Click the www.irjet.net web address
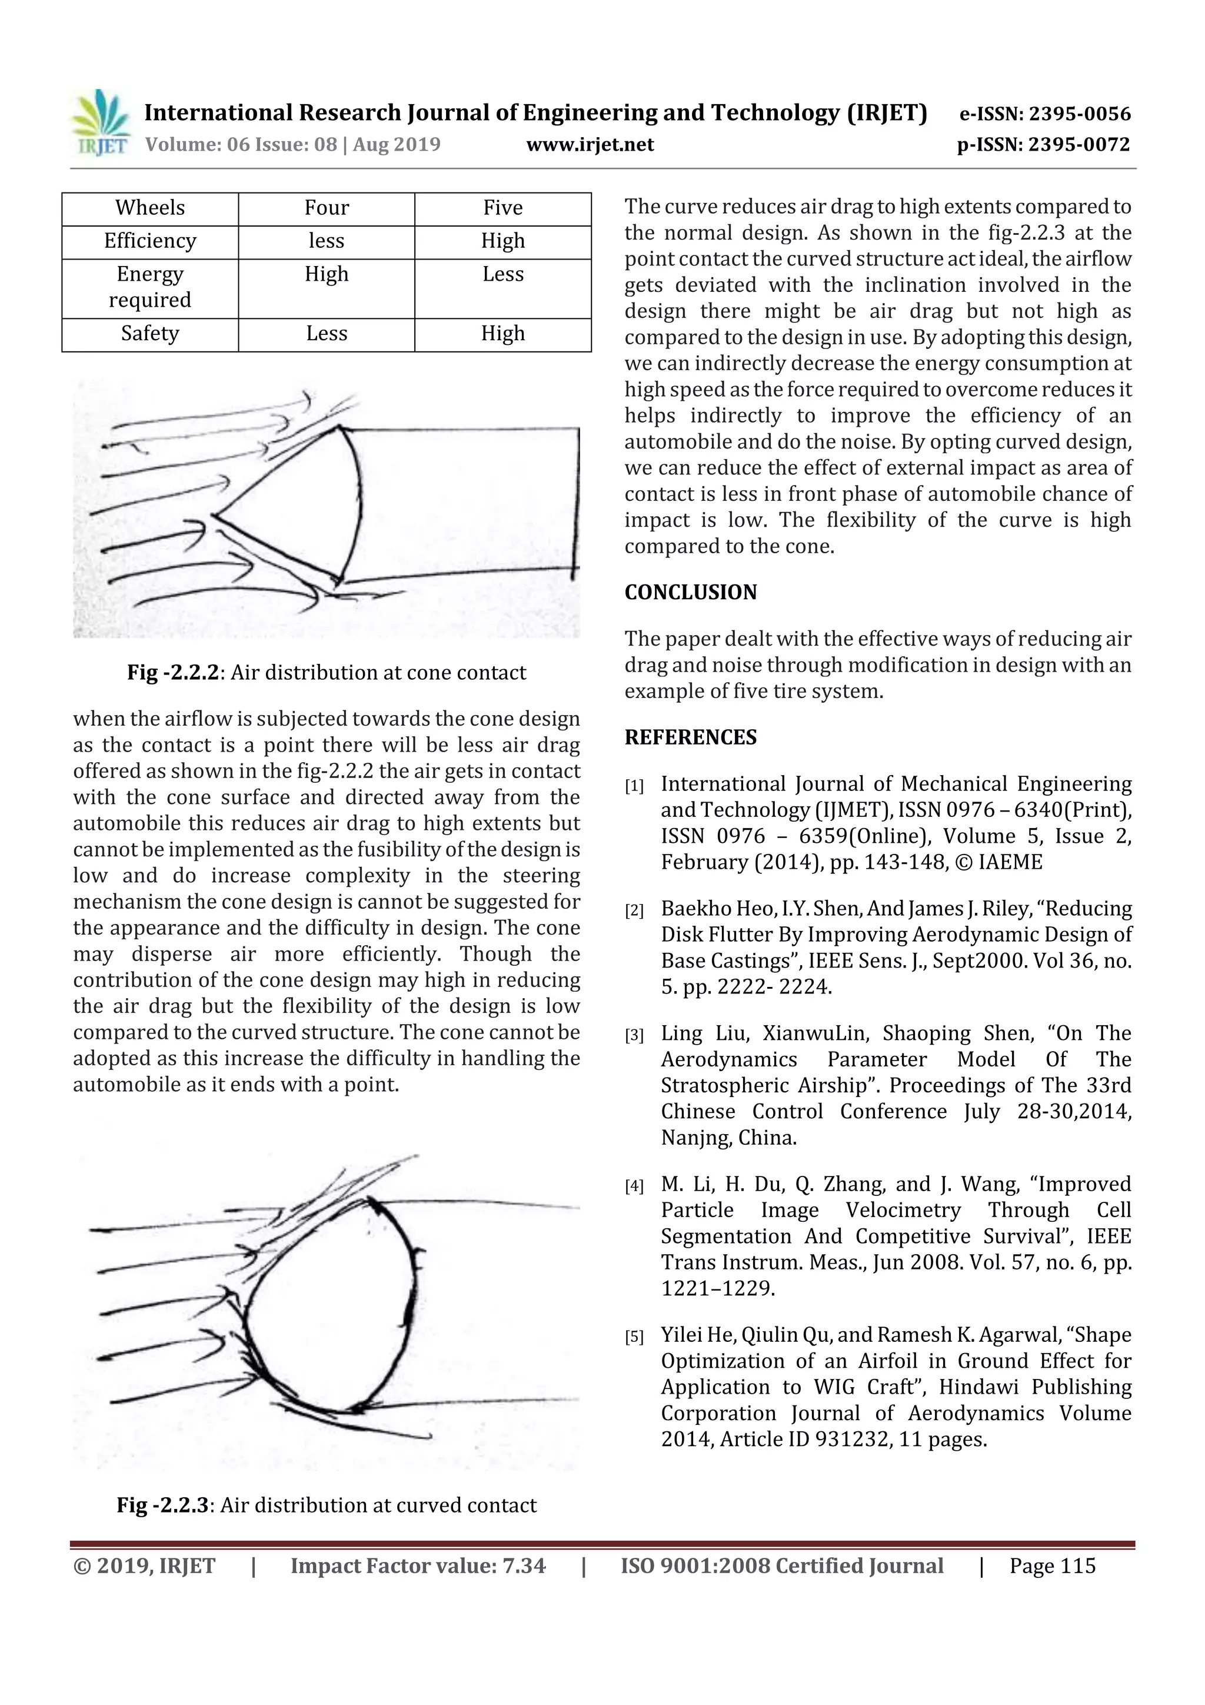click(x=590, y=145)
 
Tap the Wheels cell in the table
click(x=150, y=208)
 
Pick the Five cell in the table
click(x=502, y=208)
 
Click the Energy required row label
click(x=150, y=287)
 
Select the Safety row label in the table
click(x=150, y=334)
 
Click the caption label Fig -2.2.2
click(x=173, y=673)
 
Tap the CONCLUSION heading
click(x=691, y=593)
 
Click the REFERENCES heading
click(x=691, y=737)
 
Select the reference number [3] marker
click(x=634, y=1035)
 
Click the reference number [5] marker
click(x=634, y=1337)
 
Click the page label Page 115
click(x=1051, y=1566)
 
